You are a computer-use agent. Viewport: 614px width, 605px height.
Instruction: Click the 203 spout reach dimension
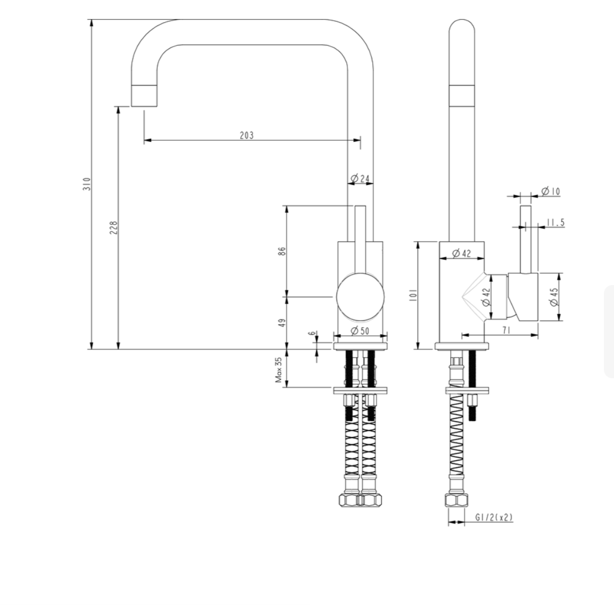247,136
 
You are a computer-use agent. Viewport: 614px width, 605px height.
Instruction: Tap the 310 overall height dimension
87,184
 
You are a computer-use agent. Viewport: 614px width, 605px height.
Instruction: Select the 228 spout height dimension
113,228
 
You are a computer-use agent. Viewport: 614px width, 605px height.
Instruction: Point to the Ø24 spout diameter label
360,179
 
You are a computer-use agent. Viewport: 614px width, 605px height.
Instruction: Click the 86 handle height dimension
282,251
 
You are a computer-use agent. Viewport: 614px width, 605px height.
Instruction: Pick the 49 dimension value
282,323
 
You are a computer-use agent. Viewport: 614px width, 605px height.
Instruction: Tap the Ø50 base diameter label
360,331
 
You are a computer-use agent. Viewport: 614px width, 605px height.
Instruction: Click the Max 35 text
278,370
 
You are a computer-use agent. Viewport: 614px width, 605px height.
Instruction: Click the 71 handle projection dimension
506,330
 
